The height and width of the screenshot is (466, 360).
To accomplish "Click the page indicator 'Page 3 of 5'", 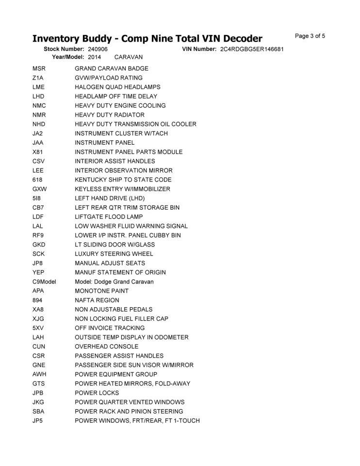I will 310,36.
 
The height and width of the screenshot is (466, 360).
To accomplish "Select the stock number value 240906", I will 98,50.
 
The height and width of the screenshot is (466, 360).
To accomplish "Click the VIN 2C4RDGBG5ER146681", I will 252,50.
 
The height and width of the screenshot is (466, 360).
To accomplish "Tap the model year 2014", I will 95,57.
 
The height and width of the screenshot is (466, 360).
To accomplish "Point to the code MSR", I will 39,68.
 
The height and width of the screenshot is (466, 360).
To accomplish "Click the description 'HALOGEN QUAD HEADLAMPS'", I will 117,87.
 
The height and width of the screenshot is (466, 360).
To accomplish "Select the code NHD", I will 39,124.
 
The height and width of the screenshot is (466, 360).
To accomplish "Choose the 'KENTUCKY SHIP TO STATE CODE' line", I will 123,180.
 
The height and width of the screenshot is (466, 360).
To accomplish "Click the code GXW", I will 40,189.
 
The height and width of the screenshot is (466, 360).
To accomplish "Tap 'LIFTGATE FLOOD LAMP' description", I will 109,217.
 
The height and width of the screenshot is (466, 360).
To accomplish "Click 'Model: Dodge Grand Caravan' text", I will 114,282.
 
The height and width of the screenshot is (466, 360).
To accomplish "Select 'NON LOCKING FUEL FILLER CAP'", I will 122,319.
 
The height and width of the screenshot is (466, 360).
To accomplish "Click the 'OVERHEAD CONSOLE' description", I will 106,347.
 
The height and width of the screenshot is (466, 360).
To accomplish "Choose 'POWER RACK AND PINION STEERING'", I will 129,412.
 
